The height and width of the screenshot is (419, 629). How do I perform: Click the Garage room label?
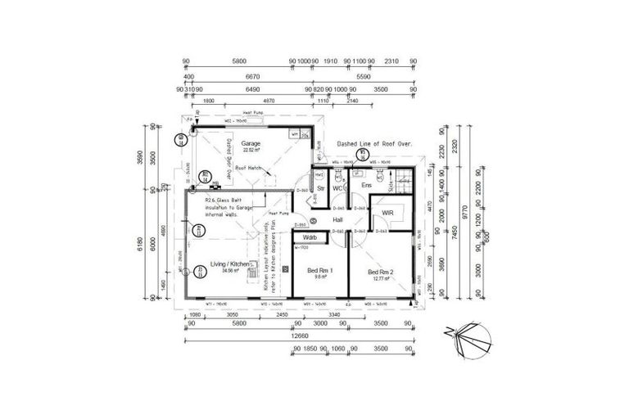tap(251, 143)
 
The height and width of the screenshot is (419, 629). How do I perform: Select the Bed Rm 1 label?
tap(320, 271)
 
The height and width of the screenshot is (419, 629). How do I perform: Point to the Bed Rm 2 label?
tap(382, 272)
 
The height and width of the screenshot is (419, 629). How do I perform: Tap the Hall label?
tap(337, 220)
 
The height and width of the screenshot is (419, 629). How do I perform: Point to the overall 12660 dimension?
tap(297, 335)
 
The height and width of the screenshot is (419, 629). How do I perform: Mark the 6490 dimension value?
tap(252, 89)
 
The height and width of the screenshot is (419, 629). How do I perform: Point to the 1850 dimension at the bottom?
tap(309, 349)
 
